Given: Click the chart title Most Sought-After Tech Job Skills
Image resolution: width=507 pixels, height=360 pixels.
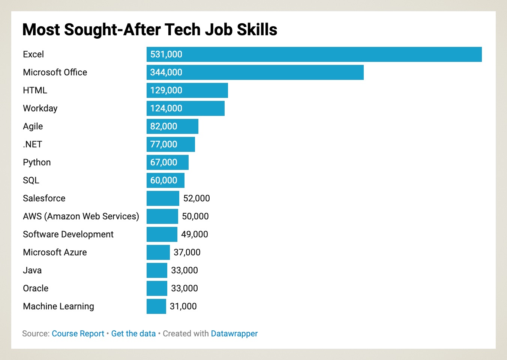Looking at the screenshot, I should (x=150, y=30).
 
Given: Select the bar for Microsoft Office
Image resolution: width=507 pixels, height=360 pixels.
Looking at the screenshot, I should (x=255, y=72).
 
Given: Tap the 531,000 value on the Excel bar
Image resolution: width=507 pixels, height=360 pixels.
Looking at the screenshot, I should (x=166, y=54).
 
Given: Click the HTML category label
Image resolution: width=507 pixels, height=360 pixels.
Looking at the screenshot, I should (x=35, y=90).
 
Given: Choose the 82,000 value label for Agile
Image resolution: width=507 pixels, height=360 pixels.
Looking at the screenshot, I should (x=163, y=126).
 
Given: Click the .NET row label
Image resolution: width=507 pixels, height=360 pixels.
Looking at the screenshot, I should (x=32, y=144).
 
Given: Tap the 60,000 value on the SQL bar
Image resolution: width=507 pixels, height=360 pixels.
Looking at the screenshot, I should (x=163, y=180).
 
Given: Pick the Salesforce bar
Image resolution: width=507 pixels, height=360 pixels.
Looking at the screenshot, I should (x=163, y=198).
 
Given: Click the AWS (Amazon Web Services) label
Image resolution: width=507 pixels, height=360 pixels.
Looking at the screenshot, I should (x=81, y=216).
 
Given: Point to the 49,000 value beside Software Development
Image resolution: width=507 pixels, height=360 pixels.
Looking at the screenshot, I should (x=194, y=234).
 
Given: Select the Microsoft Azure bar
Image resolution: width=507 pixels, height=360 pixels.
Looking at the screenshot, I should (x=158, y=252).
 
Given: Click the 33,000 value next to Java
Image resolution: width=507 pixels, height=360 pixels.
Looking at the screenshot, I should (x=184, y=270).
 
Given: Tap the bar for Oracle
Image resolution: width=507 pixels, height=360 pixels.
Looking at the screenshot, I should (x=157, y=288).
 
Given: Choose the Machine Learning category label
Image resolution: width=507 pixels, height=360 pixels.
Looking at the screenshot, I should (x=58, y=306).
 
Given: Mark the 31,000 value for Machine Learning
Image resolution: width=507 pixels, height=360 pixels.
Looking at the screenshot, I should (x=183, y=306).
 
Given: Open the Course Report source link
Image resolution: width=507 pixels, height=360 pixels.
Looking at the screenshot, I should (x=78, y=333).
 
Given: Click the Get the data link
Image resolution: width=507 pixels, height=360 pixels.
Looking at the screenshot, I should (x=133, y=333).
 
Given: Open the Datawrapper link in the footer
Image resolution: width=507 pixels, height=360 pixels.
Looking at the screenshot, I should (x=234, y=333).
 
